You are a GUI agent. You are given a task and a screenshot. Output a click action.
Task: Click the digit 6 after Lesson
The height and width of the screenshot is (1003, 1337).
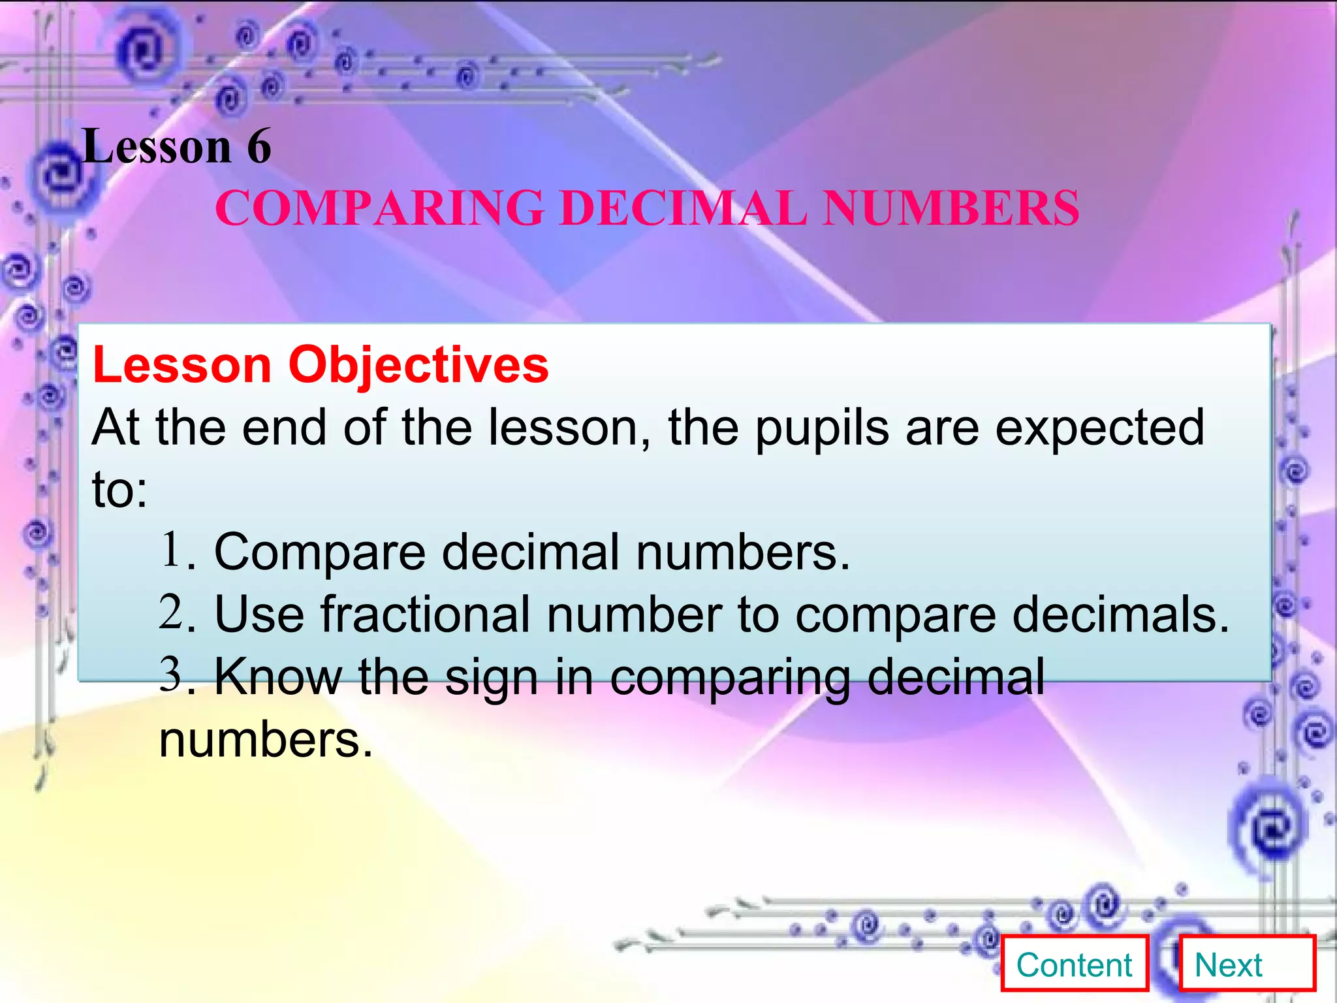coord(259,146)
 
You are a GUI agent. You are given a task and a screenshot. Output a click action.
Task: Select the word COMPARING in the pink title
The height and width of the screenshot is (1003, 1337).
coord(379,208)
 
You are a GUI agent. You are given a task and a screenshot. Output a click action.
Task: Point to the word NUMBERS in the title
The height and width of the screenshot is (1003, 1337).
coord(951,208)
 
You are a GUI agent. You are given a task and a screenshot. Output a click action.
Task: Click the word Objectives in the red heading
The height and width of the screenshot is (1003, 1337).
coord(418,364)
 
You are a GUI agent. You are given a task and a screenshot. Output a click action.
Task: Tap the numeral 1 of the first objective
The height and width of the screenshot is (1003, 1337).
coord(171,550)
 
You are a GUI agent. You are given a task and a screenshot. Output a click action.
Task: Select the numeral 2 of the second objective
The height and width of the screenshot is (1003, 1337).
coord(171,613)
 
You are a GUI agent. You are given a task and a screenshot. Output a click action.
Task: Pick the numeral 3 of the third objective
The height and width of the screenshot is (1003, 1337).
coord(171,674)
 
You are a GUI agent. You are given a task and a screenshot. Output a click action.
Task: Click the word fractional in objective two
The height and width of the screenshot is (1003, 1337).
coord(425,615)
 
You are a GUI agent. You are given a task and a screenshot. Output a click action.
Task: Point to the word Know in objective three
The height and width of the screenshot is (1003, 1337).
coord(278,677)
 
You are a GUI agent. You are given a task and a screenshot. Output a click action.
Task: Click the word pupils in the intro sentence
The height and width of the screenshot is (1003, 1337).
coord(822,429)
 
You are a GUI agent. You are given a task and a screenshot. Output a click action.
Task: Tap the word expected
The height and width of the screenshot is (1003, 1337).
coord(1099,429)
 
